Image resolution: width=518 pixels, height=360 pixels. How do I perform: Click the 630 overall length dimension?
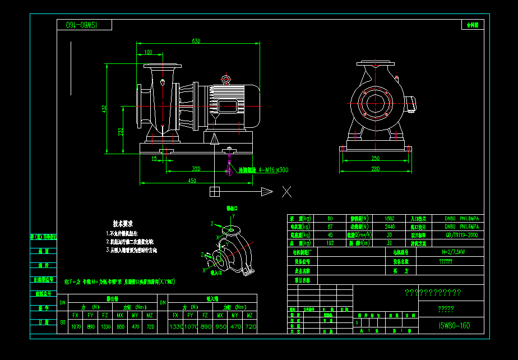click(x=196, y=41)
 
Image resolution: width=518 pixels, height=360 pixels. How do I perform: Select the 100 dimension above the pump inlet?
click(x=148, y=52)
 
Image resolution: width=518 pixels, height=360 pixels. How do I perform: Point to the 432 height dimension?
click(x=104, y=109)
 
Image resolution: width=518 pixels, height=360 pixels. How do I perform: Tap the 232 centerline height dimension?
click(x=121, y=132)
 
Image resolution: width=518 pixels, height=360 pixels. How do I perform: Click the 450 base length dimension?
click(x=192, y=181)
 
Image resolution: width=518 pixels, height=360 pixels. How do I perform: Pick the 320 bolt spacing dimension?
click(x=196, y=169)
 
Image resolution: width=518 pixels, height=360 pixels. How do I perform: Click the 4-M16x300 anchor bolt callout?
click(x=263, y=170)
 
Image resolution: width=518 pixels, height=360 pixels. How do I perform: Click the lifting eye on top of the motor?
click(x=226, y=79)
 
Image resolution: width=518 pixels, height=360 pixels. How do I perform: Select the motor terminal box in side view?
click(x=229, y=107)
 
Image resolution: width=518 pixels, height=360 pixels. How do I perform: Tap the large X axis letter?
click(x=286, y=192)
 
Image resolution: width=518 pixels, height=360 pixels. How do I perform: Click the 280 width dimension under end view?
click(x=375, y=169)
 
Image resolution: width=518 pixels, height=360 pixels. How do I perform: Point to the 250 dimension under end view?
click(x=375, y=159)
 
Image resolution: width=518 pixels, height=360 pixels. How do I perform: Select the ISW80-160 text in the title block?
click(x=454, y=325)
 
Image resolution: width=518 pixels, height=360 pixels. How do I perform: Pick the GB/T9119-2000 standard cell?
click(x=461, y=236)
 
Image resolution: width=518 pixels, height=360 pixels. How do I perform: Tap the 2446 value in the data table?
click(x=390, y=227)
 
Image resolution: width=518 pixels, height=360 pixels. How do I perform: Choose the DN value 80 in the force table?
click(x=62, y=322)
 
